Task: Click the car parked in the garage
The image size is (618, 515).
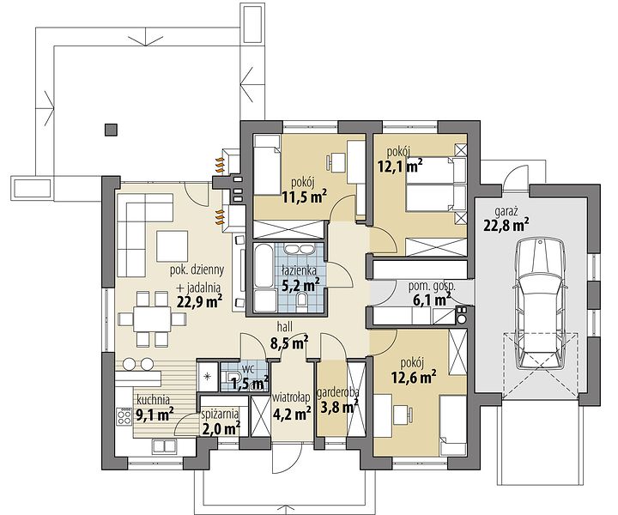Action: tap(540, 303)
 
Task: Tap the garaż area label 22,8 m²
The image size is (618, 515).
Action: tap(506, 226)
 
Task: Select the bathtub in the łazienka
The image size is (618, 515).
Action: tap(264, 265)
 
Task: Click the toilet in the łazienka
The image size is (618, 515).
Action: tap(303, 300)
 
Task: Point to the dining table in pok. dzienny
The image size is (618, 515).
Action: tap(152, 318)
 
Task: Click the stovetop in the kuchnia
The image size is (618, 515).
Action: tap(124, 416)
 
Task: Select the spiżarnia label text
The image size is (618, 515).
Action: tap(220, 414)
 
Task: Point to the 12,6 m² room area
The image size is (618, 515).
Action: tap(414, 377)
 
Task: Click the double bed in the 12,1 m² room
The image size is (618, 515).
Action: tap(435, 185)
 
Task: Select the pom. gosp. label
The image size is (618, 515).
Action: tap(432, 287)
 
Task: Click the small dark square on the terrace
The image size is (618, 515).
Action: tap(111, 130)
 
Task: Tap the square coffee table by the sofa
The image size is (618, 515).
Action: tap(172, 246)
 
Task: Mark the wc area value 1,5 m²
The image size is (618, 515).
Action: tap(250, 383)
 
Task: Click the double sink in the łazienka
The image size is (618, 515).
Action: tap(299, 251)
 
